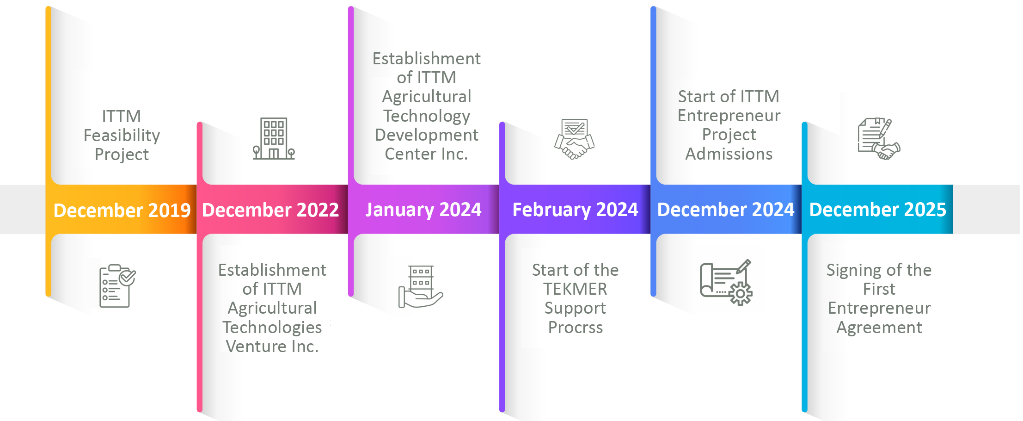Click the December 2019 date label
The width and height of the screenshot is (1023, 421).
122,210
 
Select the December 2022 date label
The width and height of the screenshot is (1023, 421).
270,210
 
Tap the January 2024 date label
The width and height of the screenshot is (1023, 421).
423,210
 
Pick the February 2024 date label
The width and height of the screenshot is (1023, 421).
575,210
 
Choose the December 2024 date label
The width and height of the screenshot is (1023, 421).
726,210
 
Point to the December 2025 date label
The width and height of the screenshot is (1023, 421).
878,210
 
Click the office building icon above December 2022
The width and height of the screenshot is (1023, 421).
274,139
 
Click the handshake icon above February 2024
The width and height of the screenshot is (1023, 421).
575,139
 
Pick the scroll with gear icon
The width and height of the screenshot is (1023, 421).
726,282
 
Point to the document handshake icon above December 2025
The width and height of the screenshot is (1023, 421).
879,139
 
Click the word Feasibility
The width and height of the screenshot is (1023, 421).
122,136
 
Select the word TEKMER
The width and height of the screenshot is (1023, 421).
575,289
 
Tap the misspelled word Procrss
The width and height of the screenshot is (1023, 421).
576,328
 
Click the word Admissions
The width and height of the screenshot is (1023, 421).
729,154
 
